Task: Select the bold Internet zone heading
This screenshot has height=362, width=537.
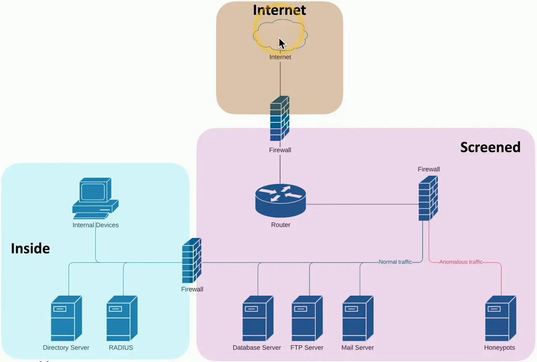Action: click(279, 9)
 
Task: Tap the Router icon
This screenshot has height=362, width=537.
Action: click(280, 200)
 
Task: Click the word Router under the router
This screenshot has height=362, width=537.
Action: click(281, 225)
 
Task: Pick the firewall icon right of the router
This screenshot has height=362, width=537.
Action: click(428, 198)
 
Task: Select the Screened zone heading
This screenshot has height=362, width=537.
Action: click(490, 147)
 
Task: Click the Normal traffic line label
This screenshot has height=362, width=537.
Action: click(395, 262)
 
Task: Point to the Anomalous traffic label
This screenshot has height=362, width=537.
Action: click(461, 262)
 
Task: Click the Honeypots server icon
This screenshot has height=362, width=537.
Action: click(500, 318)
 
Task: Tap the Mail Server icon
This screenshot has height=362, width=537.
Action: click(358, 318)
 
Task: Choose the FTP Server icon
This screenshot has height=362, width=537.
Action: click(307, 318)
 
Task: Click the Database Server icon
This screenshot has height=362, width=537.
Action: click(258, 318)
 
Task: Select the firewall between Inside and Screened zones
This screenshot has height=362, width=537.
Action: click(192, 260)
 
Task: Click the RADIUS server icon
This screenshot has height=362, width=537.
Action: click(122, 318)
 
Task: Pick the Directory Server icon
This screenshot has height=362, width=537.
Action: click(66, 318)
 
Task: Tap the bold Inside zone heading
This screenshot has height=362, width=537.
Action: click(30, 248)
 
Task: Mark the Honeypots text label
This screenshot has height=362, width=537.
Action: click(500, 348)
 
